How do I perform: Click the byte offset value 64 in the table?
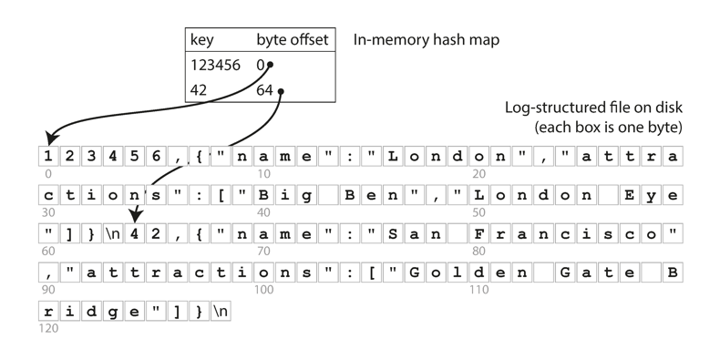click(x=265, y=90)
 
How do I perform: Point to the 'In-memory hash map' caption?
click(x=426, y=41)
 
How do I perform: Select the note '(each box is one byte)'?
click(x=608, y=126)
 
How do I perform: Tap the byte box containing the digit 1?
click(x=48, y=157)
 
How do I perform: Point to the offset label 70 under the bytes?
click(x=263, y=252)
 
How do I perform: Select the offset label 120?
click(x=48, y=328)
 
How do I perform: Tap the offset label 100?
click(x=265, y=290)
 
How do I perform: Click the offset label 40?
click(x=263, y=212)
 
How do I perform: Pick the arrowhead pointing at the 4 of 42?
click(x=135, y=217)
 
